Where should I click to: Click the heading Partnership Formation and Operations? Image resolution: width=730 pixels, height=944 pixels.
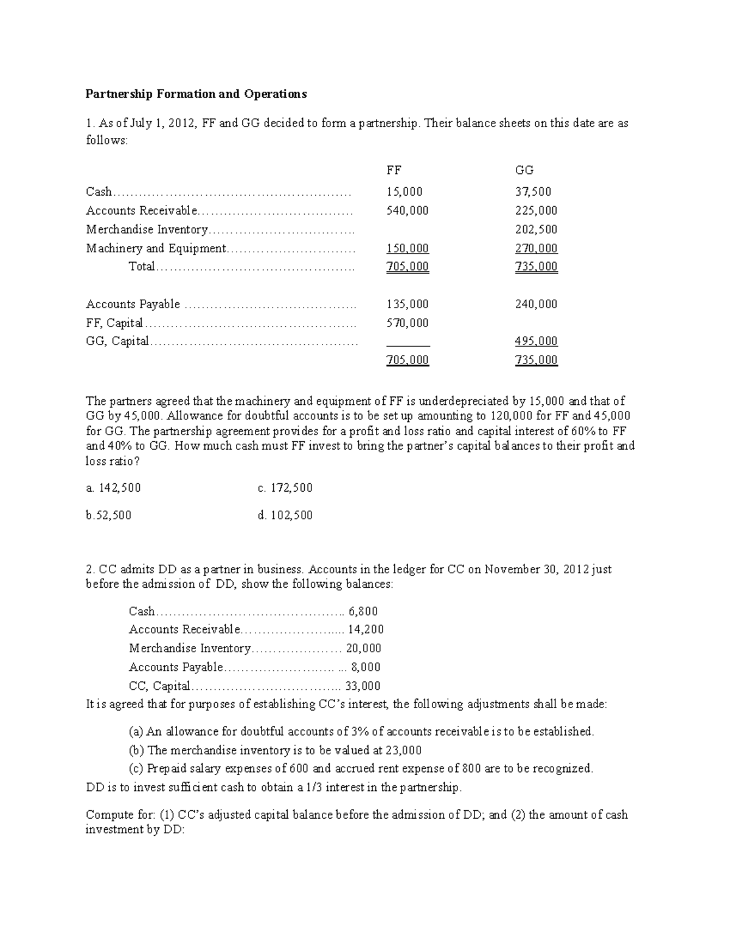pos(196,94)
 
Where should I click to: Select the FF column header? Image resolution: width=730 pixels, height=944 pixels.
pos(394,170)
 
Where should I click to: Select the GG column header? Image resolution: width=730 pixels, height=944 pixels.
pos(524,170)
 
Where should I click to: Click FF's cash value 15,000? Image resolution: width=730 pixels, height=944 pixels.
pos(405,192)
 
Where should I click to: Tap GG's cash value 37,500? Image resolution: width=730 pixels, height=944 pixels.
pos(534,192)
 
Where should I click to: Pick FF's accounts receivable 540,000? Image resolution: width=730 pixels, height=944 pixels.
pos(408,211)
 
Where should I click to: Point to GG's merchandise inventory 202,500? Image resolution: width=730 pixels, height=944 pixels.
pos(536,230)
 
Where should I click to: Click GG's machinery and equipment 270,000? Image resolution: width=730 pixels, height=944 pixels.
pos(536,249)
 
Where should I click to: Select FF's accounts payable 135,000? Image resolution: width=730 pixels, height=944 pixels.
pos(408,305)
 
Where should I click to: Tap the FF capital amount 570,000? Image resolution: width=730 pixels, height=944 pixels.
pos(408,323)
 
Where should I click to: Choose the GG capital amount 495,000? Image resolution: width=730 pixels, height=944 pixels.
pos(536,342)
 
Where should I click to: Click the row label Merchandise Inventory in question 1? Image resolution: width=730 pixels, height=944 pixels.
pos(147,230)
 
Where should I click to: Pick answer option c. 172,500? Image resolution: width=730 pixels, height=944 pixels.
pos(285,488)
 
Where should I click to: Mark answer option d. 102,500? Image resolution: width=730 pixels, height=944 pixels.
pos(285,515)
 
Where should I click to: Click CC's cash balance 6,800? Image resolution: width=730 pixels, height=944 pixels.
pos(363,612)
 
